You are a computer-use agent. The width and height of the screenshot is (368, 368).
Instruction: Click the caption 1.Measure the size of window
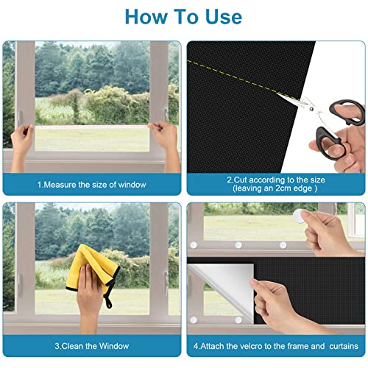pos(92,183)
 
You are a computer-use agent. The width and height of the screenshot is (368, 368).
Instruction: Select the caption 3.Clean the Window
pos(92,345)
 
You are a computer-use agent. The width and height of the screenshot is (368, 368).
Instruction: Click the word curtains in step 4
pos(339,345)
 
